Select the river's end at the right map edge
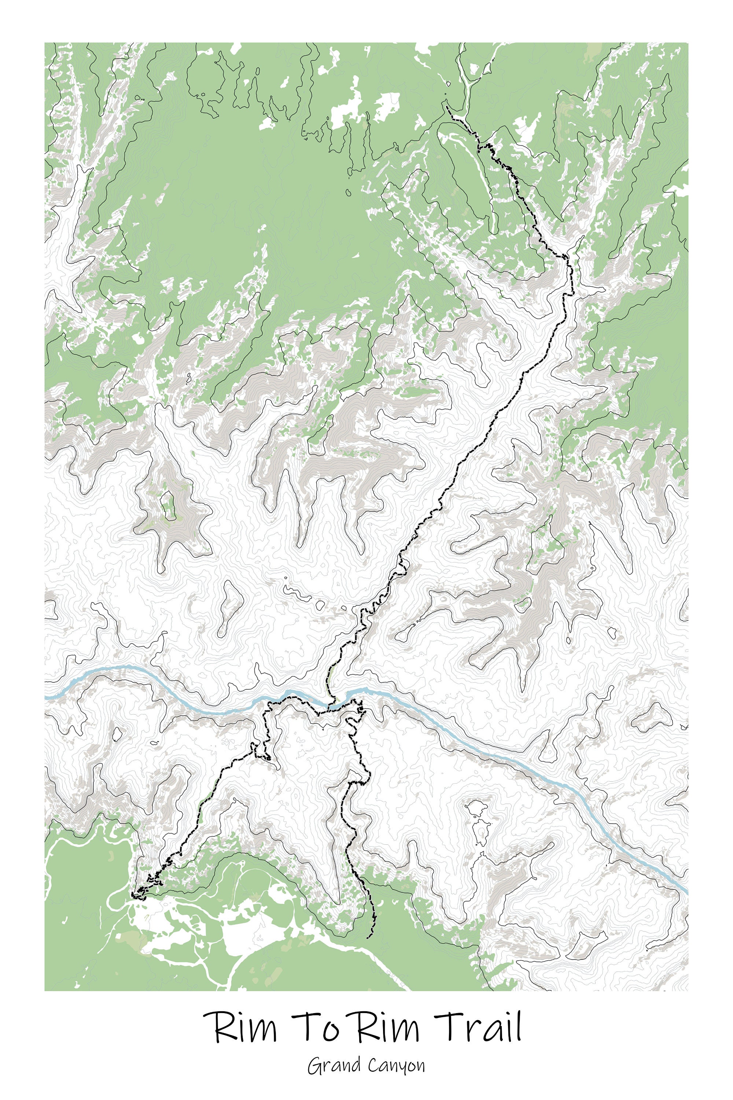(x=687, y=892)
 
